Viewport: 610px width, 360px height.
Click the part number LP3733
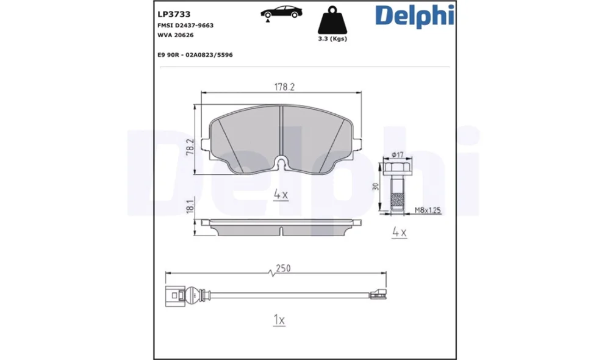click(x=174, y=15)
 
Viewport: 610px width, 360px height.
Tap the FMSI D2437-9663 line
click(x=185, y=25)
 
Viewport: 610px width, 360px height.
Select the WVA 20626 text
click(x=176, y=35)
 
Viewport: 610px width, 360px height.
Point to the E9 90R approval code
click(x=195, y=55)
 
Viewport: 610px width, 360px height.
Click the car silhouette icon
click(x=281, y=12)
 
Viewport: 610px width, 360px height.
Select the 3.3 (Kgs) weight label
click(x=332, y=38)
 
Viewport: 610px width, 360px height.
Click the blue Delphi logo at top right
click(x=415, y=16)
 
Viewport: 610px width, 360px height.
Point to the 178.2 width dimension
click(x=284, y=87)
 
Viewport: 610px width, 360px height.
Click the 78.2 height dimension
click(x=190, y=146)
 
